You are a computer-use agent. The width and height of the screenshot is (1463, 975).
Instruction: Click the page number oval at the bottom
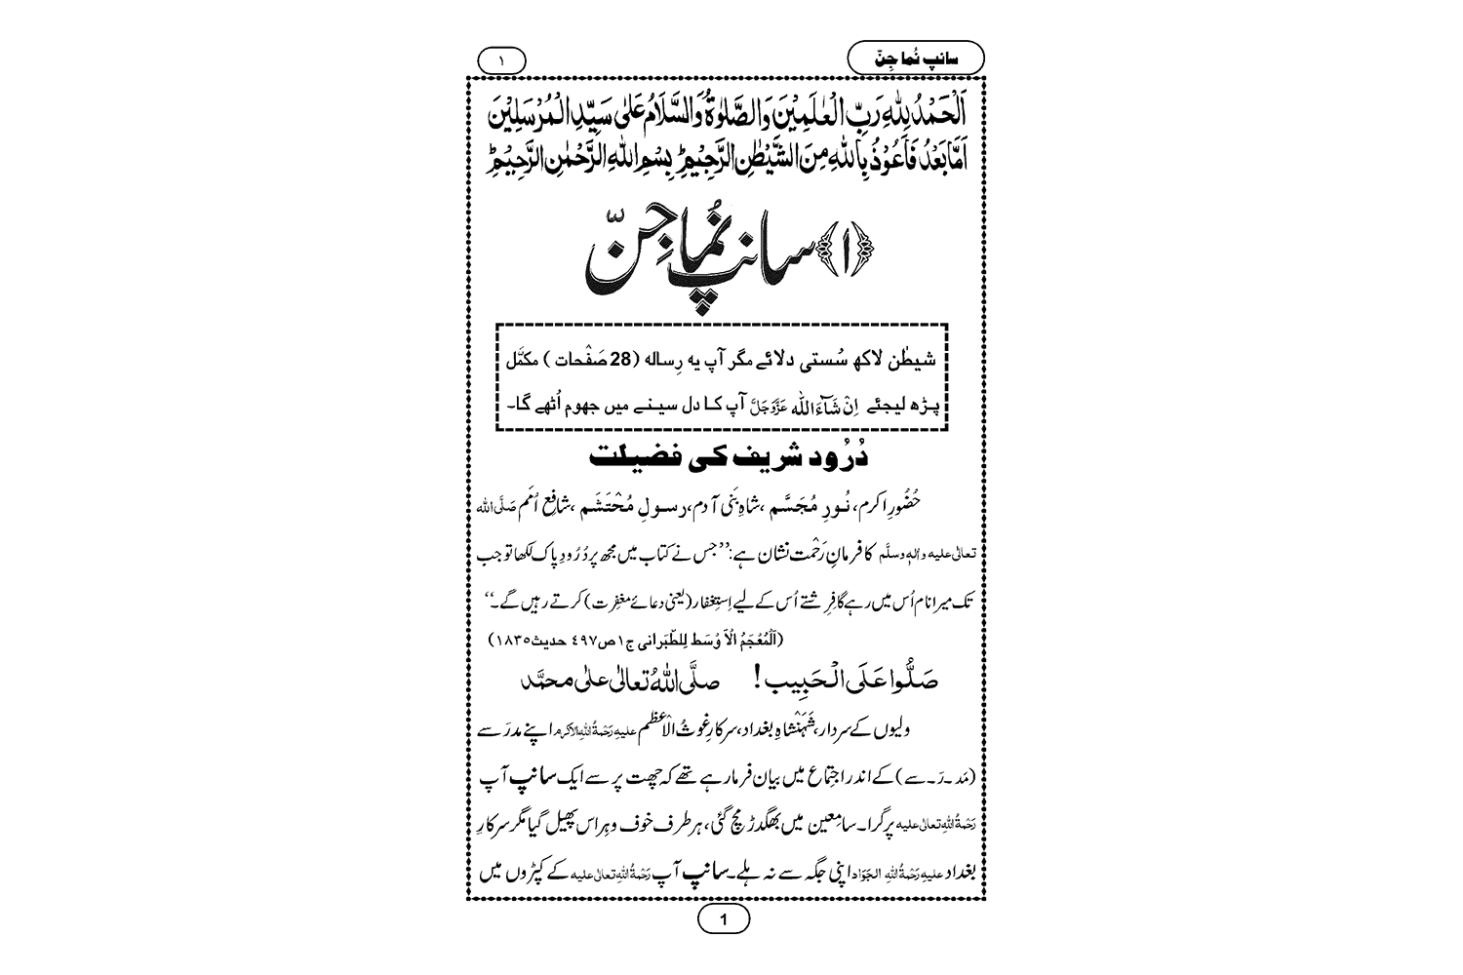point(723,918)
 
